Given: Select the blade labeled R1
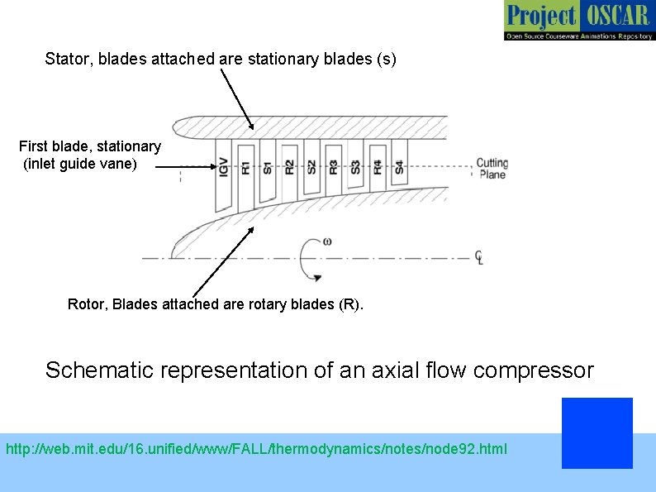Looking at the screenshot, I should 245,172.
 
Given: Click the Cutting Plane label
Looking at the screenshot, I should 492,169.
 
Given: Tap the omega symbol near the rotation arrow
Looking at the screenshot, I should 328,241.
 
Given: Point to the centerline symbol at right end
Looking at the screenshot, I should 479,257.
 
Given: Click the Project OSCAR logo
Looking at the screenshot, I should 578,21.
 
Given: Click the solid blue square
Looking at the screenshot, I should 597,432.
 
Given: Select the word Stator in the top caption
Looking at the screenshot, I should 64,60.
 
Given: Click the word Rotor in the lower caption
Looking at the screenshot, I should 87,304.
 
